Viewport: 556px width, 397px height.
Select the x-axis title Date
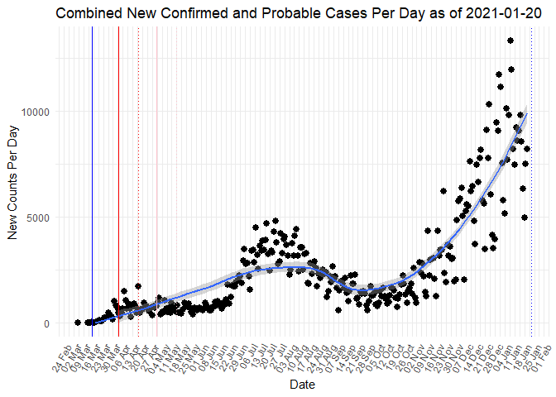click(x=301, y=385)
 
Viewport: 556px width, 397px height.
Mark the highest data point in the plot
click(x=510, y=41)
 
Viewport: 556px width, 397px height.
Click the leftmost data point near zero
click(x=77, y=323)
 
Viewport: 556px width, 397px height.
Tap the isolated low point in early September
click(x=338, y=310)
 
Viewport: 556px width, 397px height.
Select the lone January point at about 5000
click(x=525, y=218)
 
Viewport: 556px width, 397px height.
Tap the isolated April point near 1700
click(x=137, y=287)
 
